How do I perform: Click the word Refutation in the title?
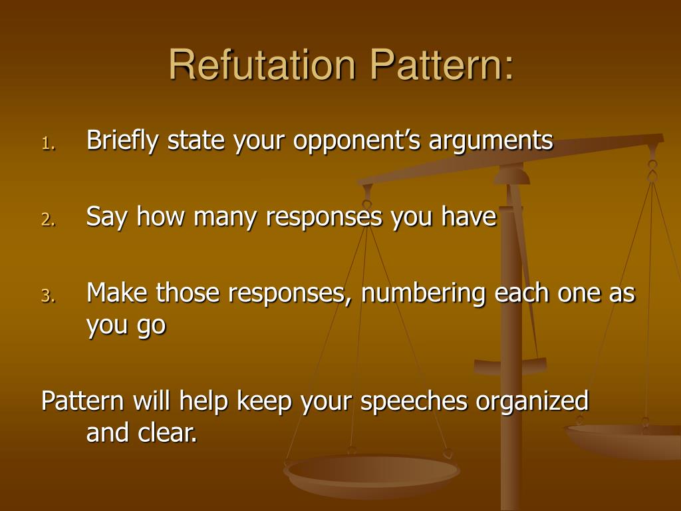[x=263, y=65]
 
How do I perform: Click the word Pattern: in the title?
[x=442, y=65]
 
